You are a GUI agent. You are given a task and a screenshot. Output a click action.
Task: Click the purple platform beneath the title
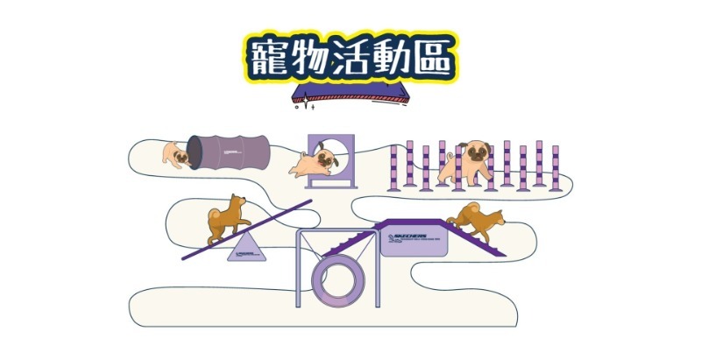point(350,95)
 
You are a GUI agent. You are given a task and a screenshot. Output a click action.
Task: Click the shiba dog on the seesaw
point(226,219)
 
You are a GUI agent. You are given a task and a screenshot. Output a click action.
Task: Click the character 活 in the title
point(349,57)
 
